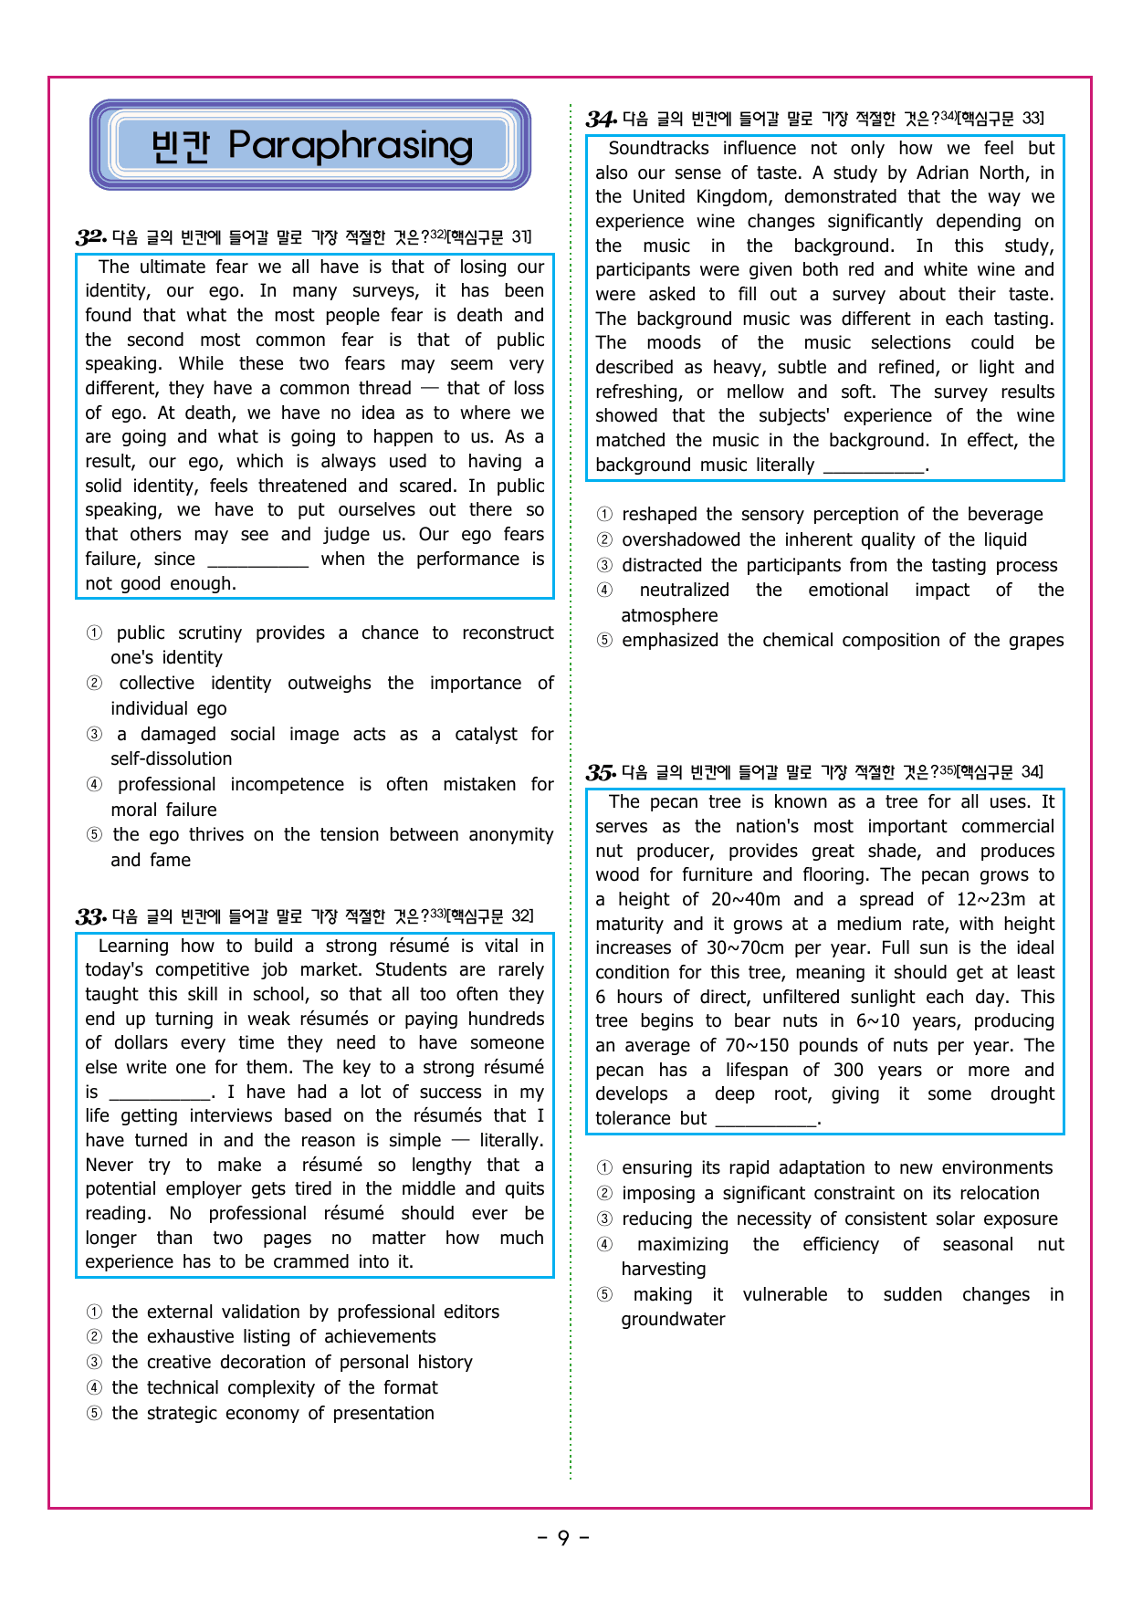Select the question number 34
point(600,119)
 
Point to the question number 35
point(600,772)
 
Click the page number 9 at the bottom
point(563,1538)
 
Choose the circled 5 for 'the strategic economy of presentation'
point(94,1414)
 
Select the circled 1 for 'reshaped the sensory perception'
point(604,515)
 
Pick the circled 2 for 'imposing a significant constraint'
point(604,1194)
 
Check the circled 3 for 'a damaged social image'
point(94,735)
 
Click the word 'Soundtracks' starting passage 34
point(658,149)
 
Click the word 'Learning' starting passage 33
point(133,946)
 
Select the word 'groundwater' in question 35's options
point(673,1320)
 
